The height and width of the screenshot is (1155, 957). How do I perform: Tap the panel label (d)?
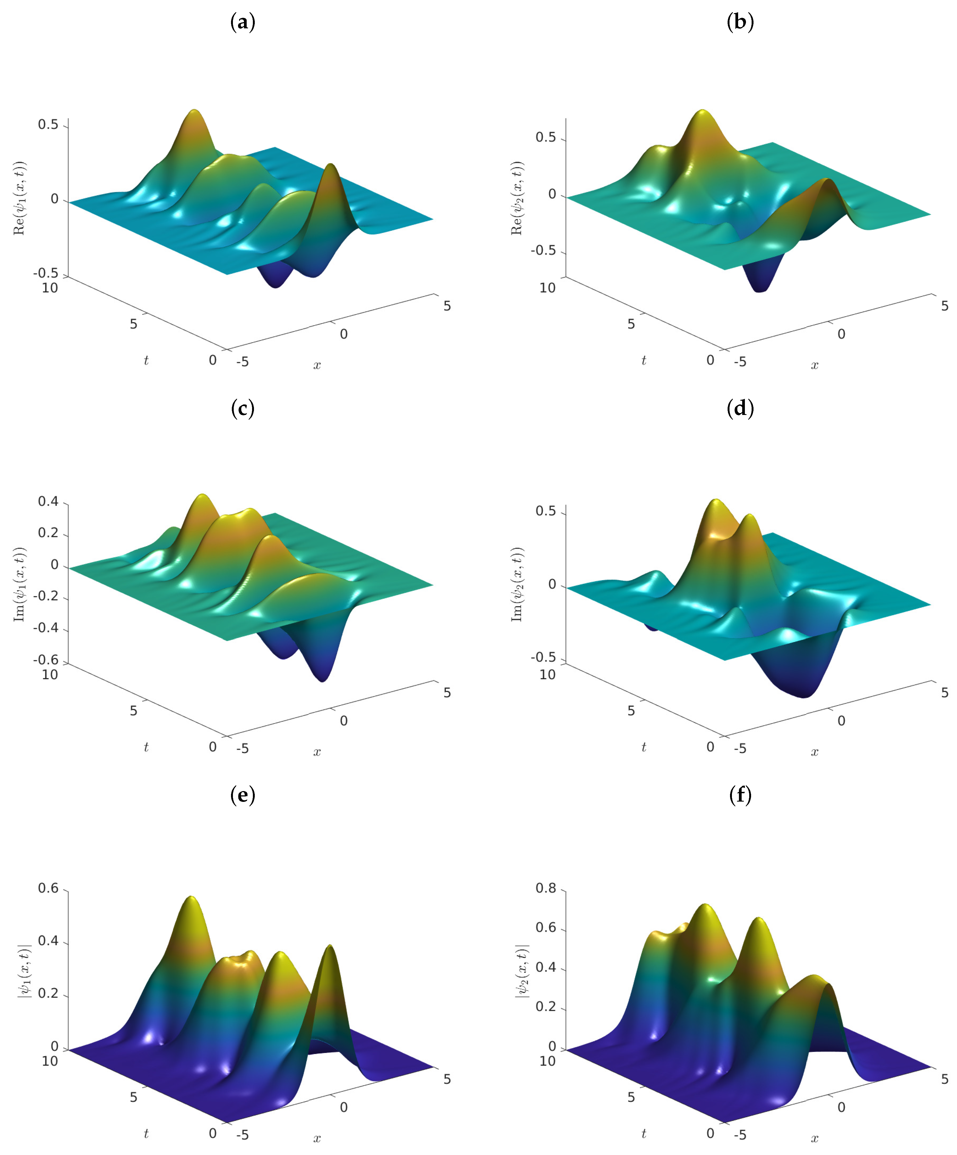[x=740, y=409]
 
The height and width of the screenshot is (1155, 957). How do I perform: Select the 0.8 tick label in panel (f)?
[x=546, y=888]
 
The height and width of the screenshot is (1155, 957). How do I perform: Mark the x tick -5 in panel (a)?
[x=242, y=361]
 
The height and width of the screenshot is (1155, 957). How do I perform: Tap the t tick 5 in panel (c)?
[x=134, y=711]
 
